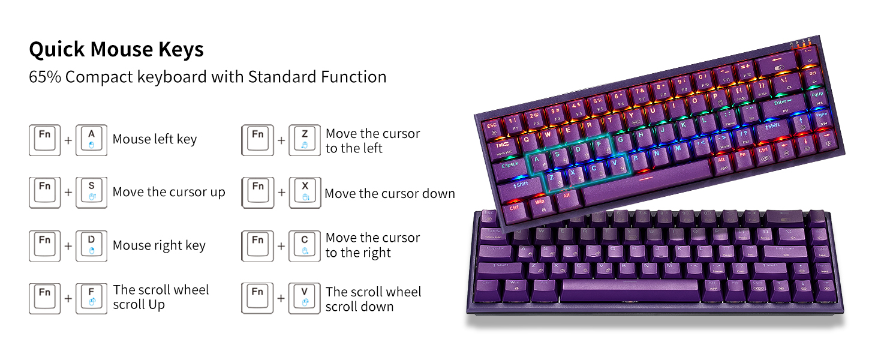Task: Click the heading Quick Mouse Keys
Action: pyautogui.click(x=116, y=50)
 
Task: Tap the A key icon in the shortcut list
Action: pyautogui.click(x=91, y=140)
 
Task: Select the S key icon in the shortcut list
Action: pyautogui.click(x=91, y=192)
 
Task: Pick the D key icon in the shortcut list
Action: pyautogui.click(x=91, y=245)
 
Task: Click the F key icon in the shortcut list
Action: pyautogui.click(x=91, y=298)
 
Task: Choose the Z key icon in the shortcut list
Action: pyautogui.click(x=304, y=140)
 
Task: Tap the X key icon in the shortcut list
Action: pyautogui.click(x=304, y=192)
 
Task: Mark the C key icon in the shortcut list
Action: pyautogui.click(x=304, y=245)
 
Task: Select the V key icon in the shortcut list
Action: pyautogui.click(x=304, y=298)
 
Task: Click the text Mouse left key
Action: pyautogui.click(x=155, y=140)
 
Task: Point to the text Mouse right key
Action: pyautogui.click(x=159, y=245)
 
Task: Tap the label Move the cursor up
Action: pyautogui.click(x=169, y=193)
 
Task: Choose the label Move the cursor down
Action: pyautogui.click(x=390, y=194)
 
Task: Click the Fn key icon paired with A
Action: pyautogui.click(x=44, y=140)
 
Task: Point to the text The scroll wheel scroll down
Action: pyautogui.click(x=373, y=299)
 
